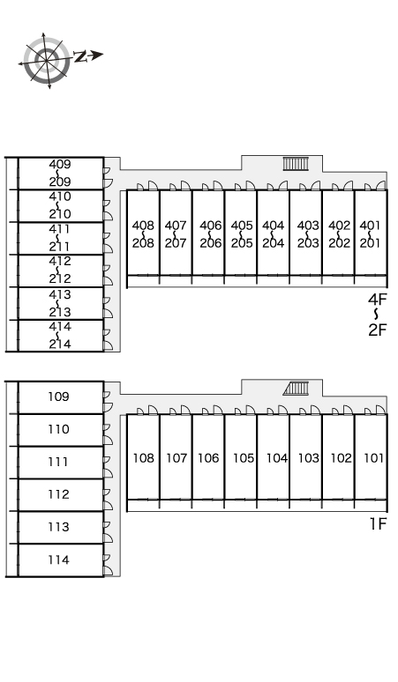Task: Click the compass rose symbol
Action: [46, 60]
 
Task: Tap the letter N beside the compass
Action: [80, 56]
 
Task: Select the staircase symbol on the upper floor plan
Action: [297, 164]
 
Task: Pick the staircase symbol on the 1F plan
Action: [297, 388]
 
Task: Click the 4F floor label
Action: [378, 300]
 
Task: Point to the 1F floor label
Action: [379, 524]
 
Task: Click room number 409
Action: [60, 165]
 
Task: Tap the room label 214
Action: [60, 344]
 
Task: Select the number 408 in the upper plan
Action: [143, 226]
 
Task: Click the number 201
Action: [371, 242]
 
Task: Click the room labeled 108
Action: [143, 458]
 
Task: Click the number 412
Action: [60, 262]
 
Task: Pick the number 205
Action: [242, 242]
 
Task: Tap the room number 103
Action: [309, 458]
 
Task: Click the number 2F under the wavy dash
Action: [378, 330]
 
